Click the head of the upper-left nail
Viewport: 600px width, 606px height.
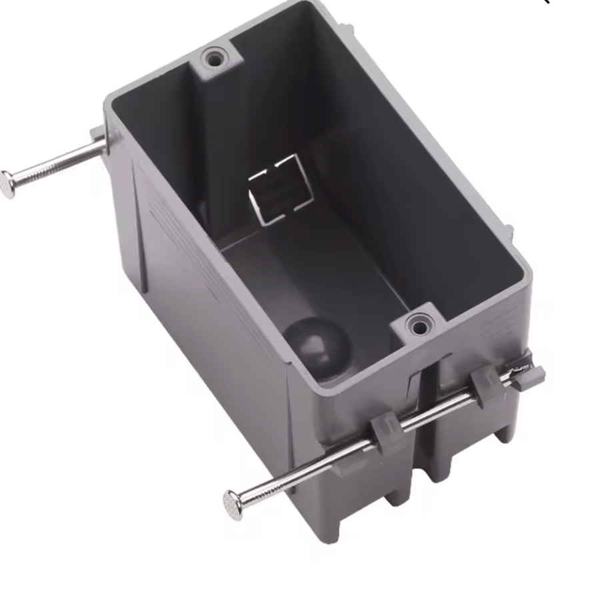pos(7,184)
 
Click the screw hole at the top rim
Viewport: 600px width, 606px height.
pos(213,59)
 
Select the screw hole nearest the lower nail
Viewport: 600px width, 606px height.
pos(419,327)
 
